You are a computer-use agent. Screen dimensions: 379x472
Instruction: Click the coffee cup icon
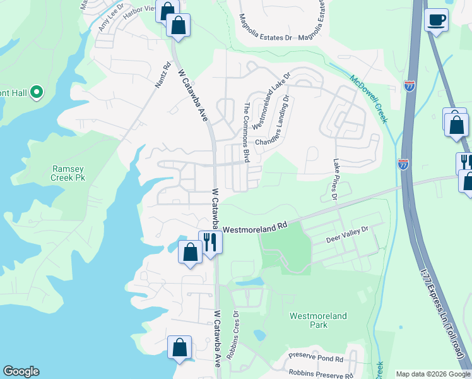(436, 20)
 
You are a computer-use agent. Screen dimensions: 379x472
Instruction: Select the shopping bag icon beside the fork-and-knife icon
(190, 251)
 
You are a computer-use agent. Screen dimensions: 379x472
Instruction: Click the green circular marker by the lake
(36, 93)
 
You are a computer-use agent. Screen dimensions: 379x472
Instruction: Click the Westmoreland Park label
(309, 320)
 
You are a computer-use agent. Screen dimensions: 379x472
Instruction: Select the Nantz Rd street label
(163, 75)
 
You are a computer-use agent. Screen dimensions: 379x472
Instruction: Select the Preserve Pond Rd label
(316, 358)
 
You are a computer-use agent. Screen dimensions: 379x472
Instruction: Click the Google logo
(21, 371)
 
